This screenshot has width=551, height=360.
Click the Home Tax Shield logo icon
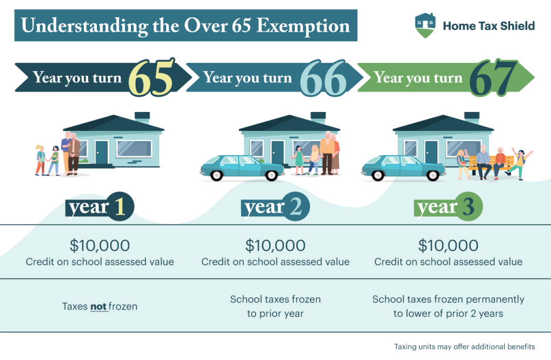pyautogui.click(x=425, y=25)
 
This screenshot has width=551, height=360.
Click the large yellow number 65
pyautogui.click(x=152, y=79)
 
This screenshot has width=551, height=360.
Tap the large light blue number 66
pyautogui.click(x=323, y=79)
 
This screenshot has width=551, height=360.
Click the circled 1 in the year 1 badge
pyautogui.click(x=119, y=208)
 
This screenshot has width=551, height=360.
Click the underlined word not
pyautogui.click(x=98, y=307)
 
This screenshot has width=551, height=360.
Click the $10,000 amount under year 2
pyautogui.click(x=275, y=245)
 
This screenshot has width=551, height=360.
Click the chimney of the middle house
pyautogui.click(x=318, y=117)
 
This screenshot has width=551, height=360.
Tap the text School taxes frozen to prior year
pyautogui.click(x=275, y=306)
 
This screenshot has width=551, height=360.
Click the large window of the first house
pyautogui.click(x=134, y=148)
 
